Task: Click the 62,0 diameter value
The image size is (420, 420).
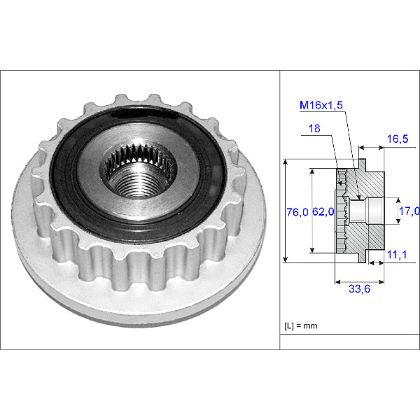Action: pos(323,211)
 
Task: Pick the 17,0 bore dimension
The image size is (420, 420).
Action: pos(409,211)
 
